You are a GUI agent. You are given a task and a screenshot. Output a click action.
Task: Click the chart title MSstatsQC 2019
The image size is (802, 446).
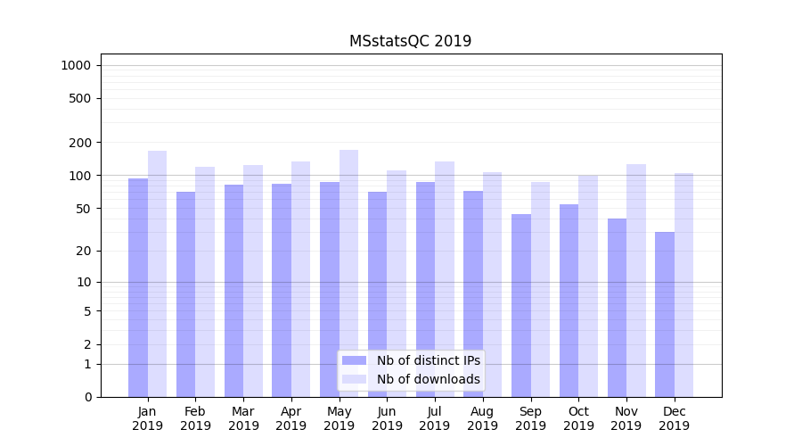pos(410,41)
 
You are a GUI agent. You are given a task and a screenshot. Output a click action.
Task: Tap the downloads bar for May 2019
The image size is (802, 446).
pos(348,273)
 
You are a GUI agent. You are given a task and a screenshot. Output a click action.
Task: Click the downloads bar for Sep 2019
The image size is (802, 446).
pos(540,289)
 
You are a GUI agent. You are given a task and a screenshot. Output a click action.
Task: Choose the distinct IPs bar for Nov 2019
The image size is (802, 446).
pos(617,308)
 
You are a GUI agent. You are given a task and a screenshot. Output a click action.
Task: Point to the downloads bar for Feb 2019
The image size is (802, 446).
pos(205,282)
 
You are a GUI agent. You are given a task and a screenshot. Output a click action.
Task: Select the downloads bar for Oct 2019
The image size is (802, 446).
pos(588,285)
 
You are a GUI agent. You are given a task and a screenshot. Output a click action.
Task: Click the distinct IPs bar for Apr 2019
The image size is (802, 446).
pos(282,290)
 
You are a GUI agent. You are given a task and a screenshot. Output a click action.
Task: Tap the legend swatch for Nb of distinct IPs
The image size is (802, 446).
pos(355,360)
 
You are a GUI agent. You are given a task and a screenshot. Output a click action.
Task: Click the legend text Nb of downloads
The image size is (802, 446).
pos(428,379)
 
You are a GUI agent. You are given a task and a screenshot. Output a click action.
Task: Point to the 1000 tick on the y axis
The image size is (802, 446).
pos(76,65)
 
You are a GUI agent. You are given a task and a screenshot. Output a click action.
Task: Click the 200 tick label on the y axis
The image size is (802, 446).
pos(79,143)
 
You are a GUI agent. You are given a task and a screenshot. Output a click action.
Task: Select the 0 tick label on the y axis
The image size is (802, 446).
pos(86,397)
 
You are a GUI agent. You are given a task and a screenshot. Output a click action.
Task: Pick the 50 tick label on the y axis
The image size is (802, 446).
pos(82,209)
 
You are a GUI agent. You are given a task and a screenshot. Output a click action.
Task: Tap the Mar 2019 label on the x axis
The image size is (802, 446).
pos(243,418)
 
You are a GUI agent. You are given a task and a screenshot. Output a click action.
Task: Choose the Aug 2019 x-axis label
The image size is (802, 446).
pos(482,418)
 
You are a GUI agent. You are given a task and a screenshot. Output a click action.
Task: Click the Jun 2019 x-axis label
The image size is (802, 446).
pos(387,418)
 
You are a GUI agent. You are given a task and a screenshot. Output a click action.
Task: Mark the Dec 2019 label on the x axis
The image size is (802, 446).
pos(674,418)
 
